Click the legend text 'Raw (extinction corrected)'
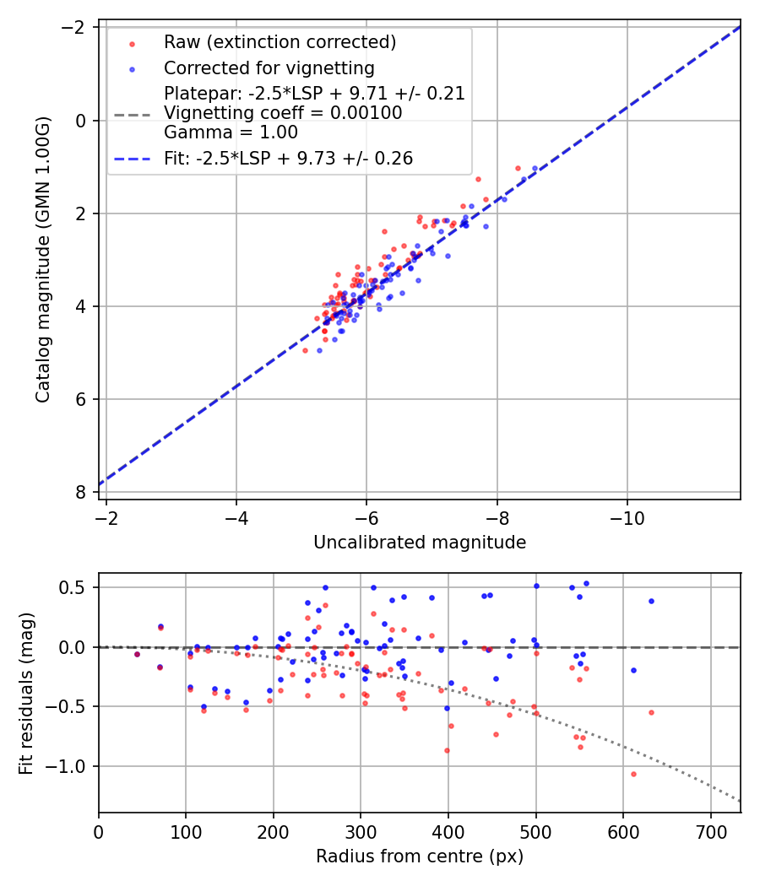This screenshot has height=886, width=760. click(280, 42)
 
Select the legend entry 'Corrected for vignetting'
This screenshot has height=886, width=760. click(269, 68)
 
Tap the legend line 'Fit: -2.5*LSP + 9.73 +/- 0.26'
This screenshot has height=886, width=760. click(288, 159)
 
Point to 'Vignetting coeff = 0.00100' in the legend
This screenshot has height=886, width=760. click(283, 113)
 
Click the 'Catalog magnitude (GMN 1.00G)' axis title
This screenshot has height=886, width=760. click(43, 259)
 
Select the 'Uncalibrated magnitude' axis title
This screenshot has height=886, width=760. click(420, 543)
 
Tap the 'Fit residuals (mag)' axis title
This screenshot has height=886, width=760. click(26, 693)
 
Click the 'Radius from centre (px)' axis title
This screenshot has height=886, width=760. click(420, 856)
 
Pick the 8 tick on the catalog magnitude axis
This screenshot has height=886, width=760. click(82, 492)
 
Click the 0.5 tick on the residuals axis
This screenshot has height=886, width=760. click(79, 587)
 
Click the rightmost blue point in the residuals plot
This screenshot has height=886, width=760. click(651, 601)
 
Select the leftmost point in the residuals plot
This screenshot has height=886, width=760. click(137, 654)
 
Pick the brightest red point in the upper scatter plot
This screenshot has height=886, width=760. click(518, 168)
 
